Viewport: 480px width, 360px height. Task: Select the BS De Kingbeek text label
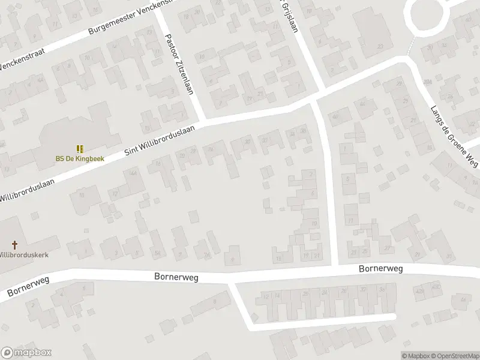(79, 159)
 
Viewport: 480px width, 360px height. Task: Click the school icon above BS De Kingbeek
(79, 148)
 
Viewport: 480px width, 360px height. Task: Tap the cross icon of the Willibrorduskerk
(15, 245)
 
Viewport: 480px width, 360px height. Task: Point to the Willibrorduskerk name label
(24, 254)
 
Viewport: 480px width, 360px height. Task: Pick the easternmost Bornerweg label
(380, 269)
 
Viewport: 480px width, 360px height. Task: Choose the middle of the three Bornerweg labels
(176, 277)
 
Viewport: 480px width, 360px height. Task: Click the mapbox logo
(26, 352)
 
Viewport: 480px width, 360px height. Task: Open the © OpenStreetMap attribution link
(454, 356)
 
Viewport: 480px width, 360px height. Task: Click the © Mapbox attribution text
(415, 356)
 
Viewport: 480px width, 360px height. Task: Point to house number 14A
(133, 173)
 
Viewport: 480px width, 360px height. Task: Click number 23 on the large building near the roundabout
(380, 46)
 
